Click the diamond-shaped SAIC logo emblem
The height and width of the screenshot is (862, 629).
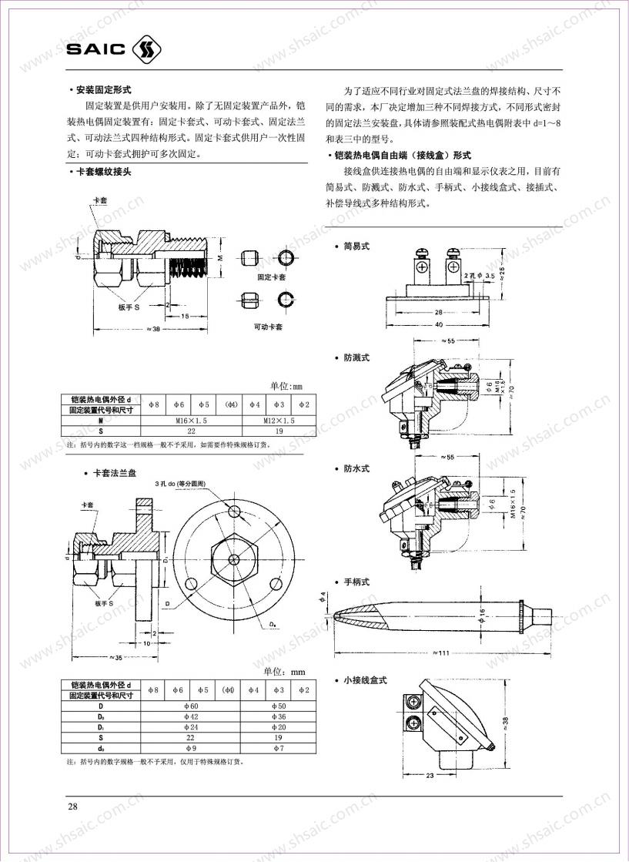pos(149,49)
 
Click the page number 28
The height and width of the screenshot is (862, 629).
pos(73,806)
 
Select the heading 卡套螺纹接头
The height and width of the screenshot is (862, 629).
pos(104,172)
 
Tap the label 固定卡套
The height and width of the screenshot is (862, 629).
pos(272,277)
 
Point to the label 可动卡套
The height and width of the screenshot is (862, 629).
pos(268,327)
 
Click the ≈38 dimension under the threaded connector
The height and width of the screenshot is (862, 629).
pos(152,330)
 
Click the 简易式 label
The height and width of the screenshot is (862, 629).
pos(356,246)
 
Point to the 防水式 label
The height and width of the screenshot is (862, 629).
pos(356,468)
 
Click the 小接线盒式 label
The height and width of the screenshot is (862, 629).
pos(365,680)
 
